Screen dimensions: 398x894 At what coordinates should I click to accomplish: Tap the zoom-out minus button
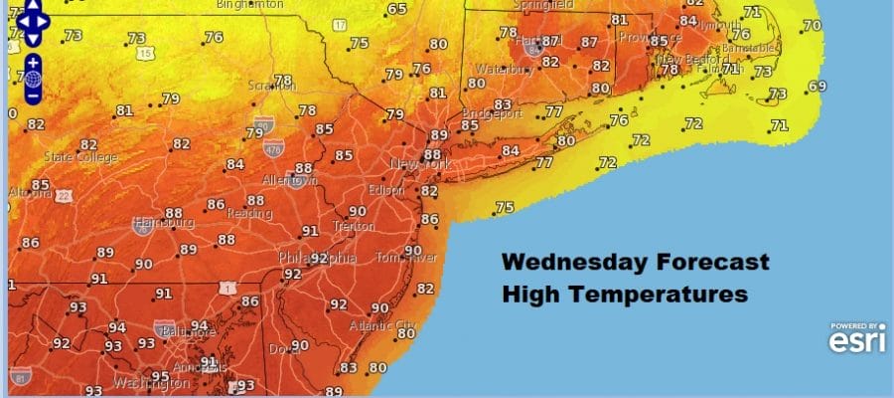pyautogui.click(x=33, y=96)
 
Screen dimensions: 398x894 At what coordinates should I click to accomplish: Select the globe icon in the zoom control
pyautogui.click(x=33, y=79)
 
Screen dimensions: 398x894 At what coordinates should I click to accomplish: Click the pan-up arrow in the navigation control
pyautogui.click(x=33, y=7)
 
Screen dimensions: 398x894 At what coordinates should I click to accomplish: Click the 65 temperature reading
pyautogui.click(x=397, y=10)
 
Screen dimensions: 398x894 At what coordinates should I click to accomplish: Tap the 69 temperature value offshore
pyautogui.click(x=817, y=87)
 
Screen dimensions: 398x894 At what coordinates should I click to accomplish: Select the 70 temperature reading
pyautogui.click(x=812, y=26)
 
